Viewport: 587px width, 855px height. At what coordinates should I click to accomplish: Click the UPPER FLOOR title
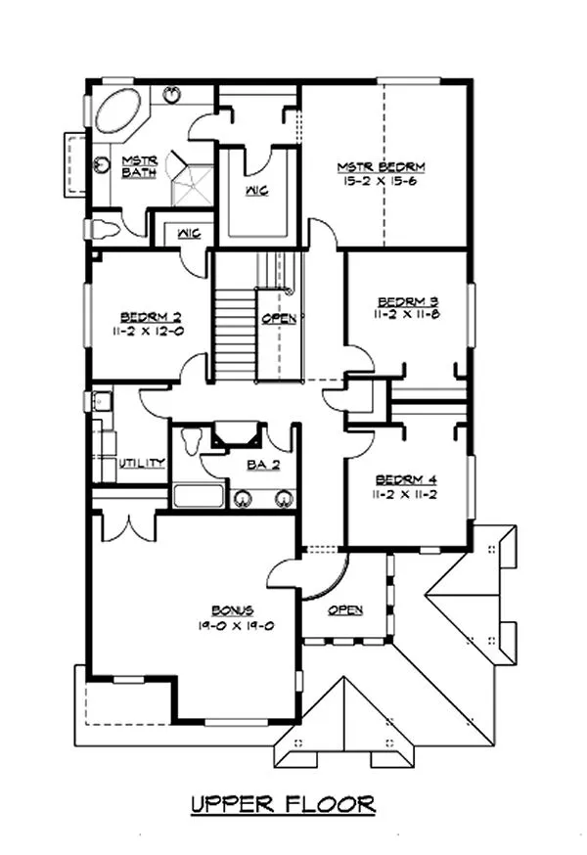coord(283,804)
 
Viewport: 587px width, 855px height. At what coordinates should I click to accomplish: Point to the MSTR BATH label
coord(134,166)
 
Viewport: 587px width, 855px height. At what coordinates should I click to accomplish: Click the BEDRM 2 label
coord(149,317)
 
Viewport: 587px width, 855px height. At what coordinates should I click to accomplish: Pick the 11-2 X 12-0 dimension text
coord(149,331)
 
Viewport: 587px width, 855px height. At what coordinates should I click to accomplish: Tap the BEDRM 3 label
coord(407,300)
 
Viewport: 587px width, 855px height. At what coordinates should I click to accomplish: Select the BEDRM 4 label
coord(407,480)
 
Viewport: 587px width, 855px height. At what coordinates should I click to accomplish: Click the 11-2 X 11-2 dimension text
coord(407,495)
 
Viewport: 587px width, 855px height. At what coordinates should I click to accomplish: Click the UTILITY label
coord(141,463)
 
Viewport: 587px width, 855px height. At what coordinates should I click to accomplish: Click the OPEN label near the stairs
coord(274,319)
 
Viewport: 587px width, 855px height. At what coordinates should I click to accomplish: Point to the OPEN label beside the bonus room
coord(345,609)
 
